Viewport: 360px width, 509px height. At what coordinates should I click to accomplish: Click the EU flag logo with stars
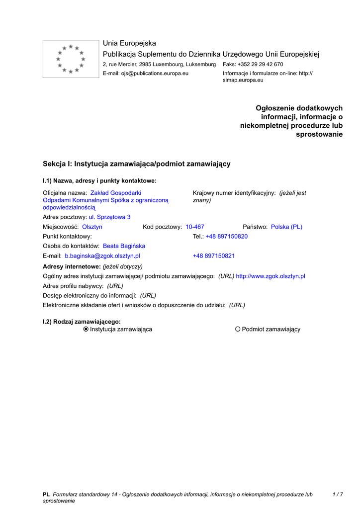[71, 59]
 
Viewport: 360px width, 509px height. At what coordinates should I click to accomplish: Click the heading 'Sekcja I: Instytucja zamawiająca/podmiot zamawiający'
[137, 164]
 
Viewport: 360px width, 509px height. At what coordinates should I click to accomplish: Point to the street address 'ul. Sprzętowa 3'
[109, 217]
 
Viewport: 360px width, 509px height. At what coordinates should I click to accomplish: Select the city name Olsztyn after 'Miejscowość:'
[92, 227]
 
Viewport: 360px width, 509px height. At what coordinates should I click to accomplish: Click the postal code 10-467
[195, 227]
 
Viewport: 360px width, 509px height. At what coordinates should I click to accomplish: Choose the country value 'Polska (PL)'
[286, 227]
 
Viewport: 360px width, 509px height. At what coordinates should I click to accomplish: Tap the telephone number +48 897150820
[226, 237]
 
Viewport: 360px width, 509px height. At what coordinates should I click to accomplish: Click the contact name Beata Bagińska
[124, 246]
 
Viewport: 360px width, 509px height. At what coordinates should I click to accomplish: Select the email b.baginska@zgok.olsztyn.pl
[102, 256]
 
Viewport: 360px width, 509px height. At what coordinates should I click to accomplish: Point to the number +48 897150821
[214, 256]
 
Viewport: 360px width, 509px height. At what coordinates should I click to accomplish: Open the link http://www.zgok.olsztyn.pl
[270, 276]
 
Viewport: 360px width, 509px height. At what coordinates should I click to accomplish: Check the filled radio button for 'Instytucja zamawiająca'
[86, 329]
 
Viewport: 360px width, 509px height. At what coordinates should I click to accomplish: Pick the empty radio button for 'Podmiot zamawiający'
[238, 329]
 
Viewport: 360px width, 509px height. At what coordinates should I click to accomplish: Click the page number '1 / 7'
[338, 495]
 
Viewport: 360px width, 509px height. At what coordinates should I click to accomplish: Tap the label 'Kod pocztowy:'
[162, 227]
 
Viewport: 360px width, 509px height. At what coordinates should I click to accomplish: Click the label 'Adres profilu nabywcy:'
[73, 286]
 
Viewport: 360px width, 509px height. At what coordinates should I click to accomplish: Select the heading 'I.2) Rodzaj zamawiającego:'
[82, 322]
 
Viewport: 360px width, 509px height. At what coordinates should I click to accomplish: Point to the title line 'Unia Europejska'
[129, 43]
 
